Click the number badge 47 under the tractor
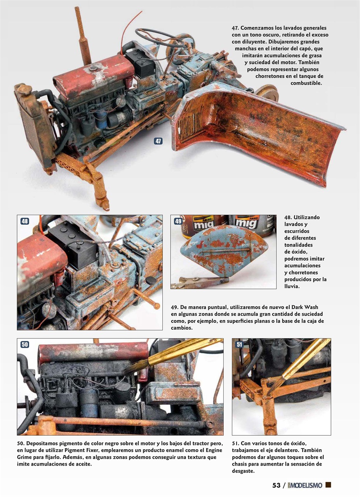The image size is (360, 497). click(158, 141)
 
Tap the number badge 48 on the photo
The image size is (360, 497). click(24, 221)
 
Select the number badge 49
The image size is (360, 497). click(178, 221)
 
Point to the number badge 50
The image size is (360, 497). click(24, 344)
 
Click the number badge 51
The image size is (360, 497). click(239, 344)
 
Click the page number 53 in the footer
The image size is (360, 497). click(276, 485)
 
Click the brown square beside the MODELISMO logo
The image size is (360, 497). click(328, 485)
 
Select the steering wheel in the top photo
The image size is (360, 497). click(160, 38)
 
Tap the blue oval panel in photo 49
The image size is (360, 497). click(218, 252)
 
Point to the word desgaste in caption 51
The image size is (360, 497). click(245, 471)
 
